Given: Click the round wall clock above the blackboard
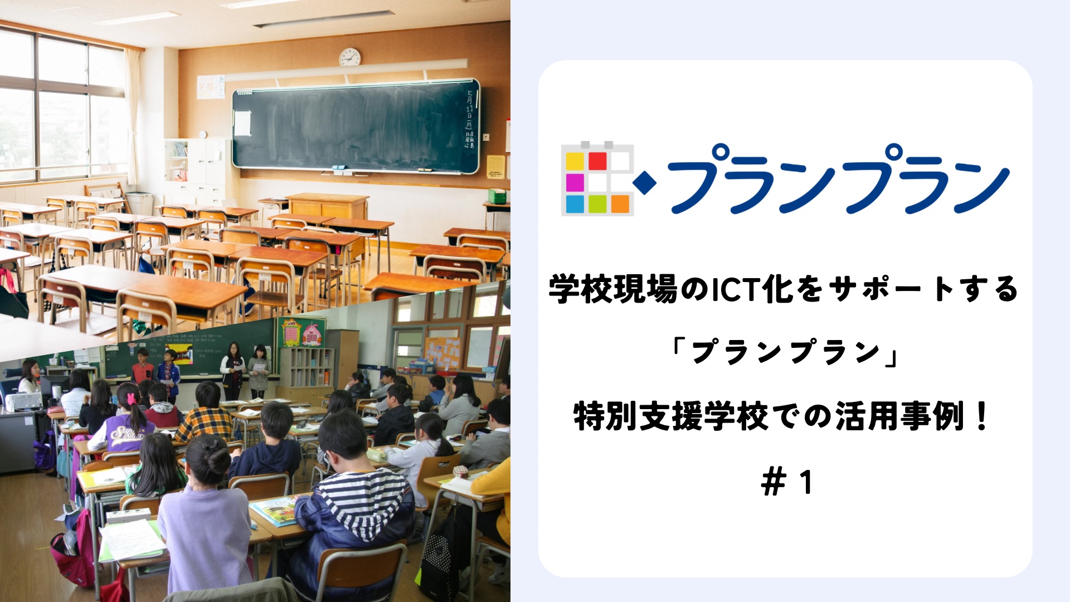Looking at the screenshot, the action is tap(349, 57).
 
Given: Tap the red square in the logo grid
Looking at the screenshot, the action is tap(597, 161).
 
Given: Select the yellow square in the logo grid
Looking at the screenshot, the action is tap(575, 161).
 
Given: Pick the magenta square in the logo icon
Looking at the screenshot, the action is tap(575, 182).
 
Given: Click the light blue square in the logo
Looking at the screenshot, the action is tap(575, 204).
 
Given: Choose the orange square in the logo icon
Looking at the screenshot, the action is tap(620, 204).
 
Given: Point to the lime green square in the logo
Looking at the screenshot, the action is tap(597, 204).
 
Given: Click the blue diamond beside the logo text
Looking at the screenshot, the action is tap(645, 183).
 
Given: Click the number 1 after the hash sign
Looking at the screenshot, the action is tap(806, 483).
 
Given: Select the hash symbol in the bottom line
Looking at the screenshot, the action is tap(773, 483).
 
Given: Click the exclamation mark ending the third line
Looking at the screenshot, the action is tap(981, 417).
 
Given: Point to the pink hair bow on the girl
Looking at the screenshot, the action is tap(131, 398).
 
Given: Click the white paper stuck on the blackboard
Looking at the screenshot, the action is tap(242, 123).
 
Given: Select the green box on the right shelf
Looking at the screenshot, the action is tap(497, 196).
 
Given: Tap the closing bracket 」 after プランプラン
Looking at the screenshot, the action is tap(889, 353).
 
